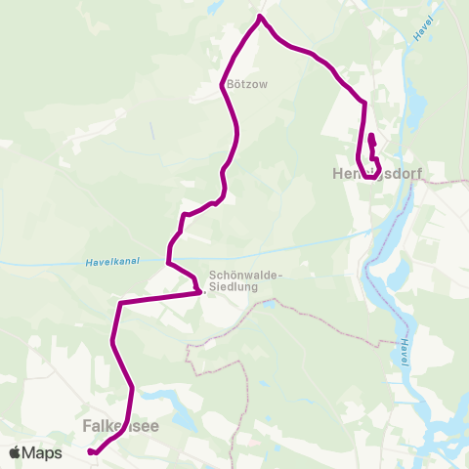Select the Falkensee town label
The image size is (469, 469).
[120, 426]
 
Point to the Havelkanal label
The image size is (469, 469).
[108, 261]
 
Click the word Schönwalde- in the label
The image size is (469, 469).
[245, 276]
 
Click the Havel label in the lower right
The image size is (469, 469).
[405, 353]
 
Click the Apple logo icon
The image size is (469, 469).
[16, 453]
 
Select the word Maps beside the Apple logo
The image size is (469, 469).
[42, 453]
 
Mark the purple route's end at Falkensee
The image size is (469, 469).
[90, 451]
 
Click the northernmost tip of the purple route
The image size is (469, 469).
[260, 17]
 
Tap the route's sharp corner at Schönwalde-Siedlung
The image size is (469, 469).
[199, 291]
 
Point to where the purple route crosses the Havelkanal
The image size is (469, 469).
[169, 262]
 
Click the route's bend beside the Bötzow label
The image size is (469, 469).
[224, 87]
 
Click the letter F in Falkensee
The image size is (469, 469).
[88, 426]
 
